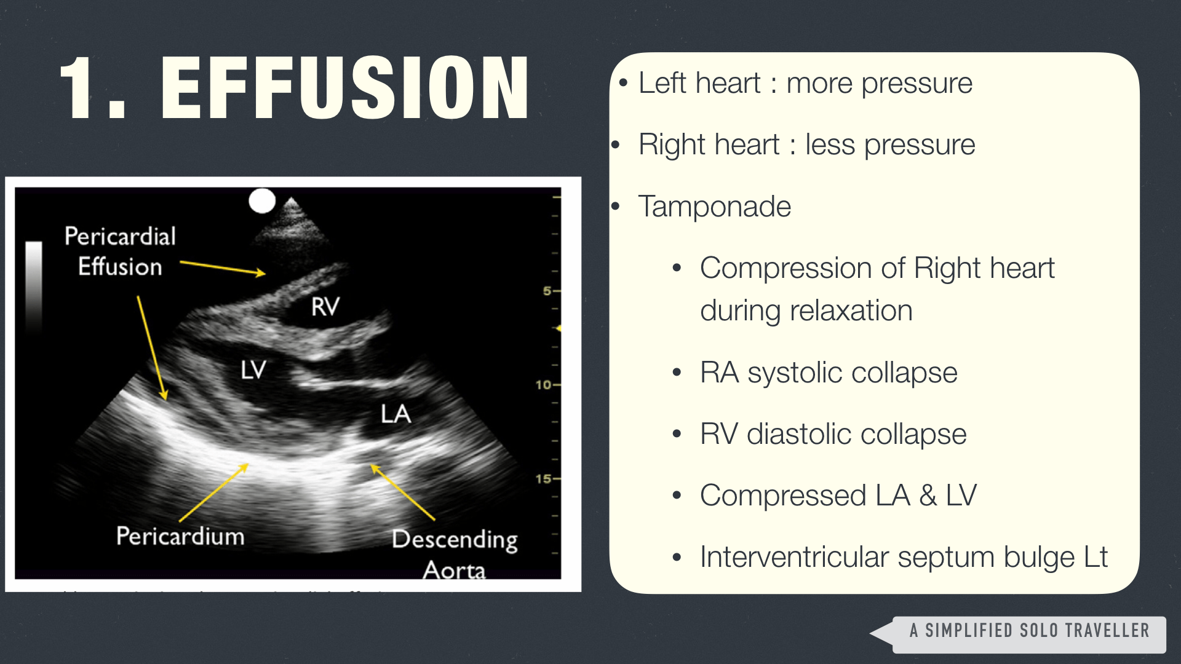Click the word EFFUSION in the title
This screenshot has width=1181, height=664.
point(345,87)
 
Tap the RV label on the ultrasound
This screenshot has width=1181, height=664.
point(325,306)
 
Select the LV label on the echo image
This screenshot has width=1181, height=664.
point(253,370)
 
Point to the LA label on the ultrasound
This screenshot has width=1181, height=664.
point(396,414)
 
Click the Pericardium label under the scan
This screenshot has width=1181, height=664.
point(180,536)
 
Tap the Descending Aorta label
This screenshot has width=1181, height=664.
point(455,553)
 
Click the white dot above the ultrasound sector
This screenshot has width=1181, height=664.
point(262,201)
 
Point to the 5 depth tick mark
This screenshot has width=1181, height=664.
point(551,290)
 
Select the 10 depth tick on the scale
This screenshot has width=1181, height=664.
point(547,385)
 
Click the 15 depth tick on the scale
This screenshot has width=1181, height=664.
point(547,478)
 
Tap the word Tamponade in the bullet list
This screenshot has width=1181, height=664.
point(715,207)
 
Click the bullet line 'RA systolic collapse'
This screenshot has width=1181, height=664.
point(829,373)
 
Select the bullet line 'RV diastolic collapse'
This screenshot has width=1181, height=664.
point(833,434)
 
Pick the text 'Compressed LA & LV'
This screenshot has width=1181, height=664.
point(838,496)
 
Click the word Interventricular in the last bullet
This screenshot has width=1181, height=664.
point(794,557)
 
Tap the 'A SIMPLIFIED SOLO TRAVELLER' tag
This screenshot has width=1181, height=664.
point(1029,631)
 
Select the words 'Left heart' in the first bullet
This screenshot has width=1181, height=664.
point(699,83)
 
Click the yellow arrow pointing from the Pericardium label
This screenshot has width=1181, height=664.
point(214,492)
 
